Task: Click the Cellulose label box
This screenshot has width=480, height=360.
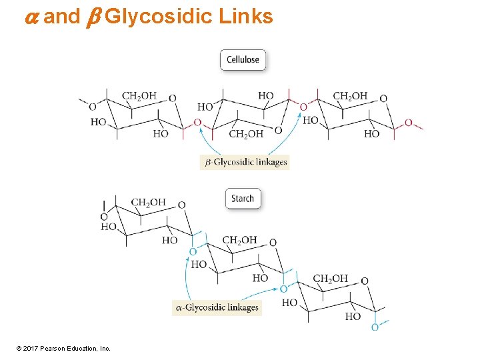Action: tap(243, 60)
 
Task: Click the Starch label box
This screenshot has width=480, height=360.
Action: tap(243, 198)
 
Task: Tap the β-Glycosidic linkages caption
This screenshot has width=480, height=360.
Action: tap(245, 161)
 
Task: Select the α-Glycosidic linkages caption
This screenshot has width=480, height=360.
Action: tap(217, 307)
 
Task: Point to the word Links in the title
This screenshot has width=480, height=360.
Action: tap(246, 16)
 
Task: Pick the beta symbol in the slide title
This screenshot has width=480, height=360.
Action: tap(93, 17)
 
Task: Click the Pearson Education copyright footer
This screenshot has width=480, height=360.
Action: tap(64, 348)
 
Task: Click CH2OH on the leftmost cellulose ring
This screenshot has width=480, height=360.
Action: tap(139, 96)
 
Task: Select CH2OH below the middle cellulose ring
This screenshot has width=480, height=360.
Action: tap(246, 134)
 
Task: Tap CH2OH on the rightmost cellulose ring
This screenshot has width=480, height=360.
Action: tap(350, 96)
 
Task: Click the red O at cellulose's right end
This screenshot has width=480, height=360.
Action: tap(408, 123)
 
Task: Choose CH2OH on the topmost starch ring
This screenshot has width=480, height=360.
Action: tap(149, 203)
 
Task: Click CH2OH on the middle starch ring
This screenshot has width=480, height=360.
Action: tap(239, 240)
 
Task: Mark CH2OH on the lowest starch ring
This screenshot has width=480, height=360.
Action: tap(330, 279)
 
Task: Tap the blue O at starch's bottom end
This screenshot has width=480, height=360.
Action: tap(375, 327)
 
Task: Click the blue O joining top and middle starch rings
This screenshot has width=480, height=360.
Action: tap(193, 251)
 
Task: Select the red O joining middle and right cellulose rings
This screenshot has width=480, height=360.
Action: tap(303, 107)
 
